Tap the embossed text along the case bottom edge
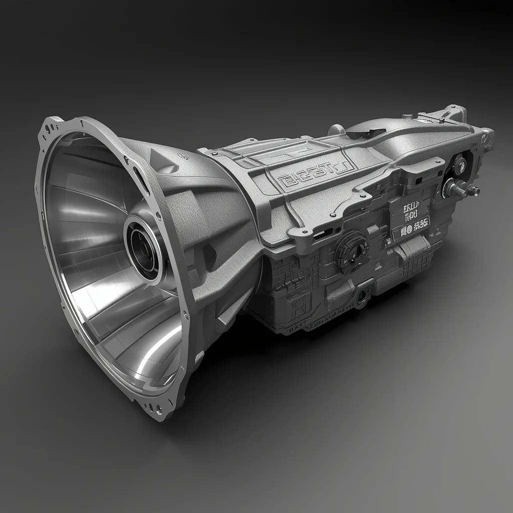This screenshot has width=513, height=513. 311,326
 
